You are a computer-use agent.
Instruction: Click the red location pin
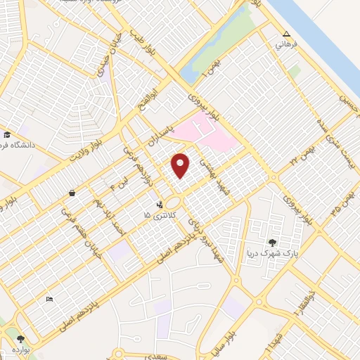tap(181, 165)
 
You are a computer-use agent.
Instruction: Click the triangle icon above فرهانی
tap(285, 34)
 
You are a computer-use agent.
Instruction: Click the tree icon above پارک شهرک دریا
tap(271, 240)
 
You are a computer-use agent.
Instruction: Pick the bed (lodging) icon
tap(49, 300)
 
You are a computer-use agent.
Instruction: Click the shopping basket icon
tap(72, 193)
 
